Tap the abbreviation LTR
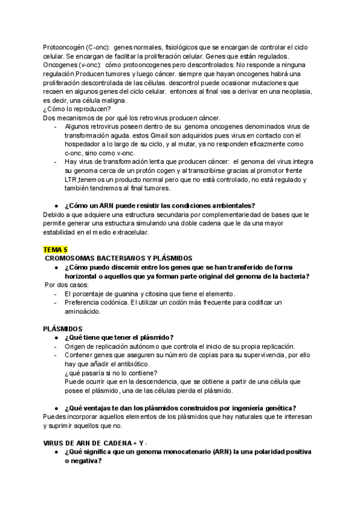pyautogui.click(x=70, y=179)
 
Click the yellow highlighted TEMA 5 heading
pyautogui.click(x=56, y=249)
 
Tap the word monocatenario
pyautogui.click(x=173, y=453)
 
